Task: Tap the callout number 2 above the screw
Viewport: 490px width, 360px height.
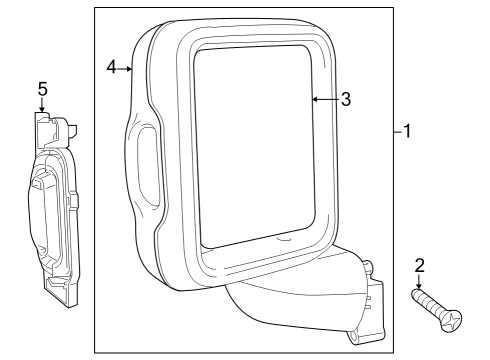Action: click(419, 265)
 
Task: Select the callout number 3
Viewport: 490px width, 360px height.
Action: click(345, 99)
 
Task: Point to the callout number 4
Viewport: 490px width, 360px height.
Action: click(112, 67)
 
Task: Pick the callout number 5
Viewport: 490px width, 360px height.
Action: click(42, 89)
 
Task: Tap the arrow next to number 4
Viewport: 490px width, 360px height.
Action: click(127, 68)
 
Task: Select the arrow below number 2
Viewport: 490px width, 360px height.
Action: click(419, 283)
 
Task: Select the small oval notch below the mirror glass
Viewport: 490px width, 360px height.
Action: click(283, 239)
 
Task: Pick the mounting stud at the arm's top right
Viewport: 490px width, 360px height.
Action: click(367, 267)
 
